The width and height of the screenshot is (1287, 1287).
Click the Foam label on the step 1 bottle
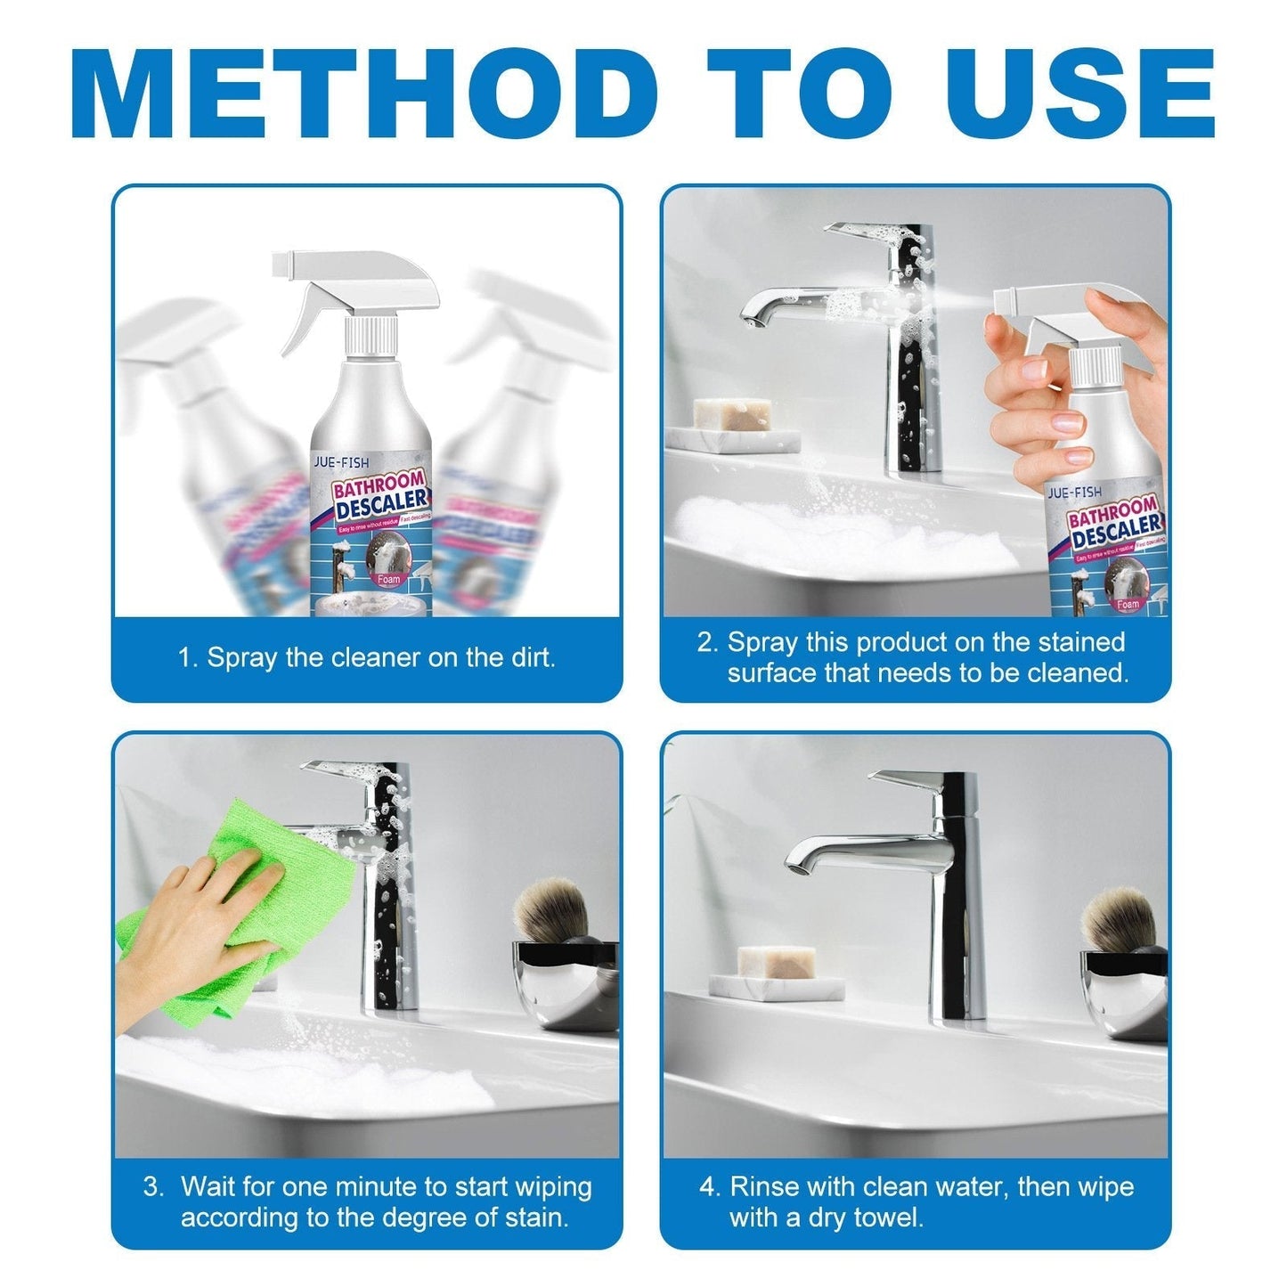coord(388,580)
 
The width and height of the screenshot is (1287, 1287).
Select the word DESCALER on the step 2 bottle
coord(1117,531)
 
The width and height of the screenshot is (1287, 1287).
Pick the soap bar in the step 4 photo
coord(776,962)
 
